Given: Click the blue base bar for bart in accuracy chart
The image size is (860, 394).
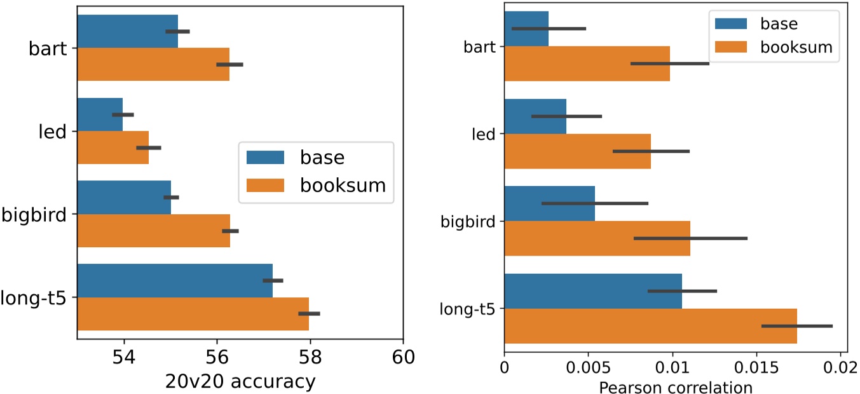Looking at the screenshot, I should pos(127,31).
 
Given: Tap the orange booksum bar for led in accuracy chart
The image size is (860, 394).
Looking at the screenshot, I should pos(113,147).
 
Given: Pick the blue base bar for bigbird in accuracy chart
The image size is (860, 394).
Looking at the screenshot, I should pos(124,197).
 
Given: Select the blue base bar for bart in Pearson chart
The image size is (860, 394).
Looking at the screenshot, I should pos(526,29).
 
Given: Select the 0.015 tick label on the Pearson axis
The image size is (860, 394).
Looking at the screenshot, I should pos(756,367).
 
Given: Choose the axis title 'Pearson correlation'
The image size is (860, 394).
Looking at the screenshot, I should pos(672,386).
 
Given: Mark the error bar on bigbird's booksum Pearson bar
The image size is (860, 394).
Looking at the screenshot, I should pos(690,238).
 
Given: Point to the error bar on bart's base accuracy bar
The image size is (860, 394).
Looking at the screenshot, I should pos(177,31).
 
